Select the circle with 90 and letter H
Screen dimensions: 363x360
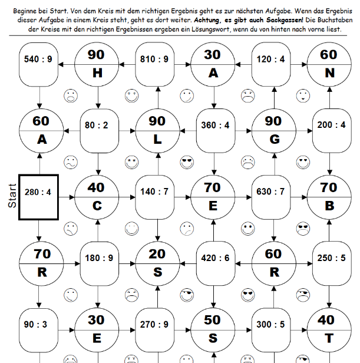coord(97,64)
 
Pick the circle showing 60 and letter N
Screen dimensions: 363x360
coord(329,64)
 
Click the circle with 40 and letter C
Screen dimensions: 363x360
coord(97,196)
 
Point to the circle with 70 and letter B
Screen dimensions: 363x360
coord(329,196)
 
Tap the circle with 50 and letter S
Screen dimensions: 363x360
coord(213,329)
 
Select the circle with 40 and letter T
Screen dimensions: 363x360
coord(329,329)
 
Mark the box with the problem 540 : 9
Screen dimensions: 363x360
coord(39,60)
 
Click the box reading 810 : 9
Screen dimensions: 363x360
coord(155,60)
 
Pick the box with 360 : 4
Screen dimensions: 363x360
coord(213,126)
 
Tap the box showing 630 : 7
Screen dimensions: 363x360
coord(271,192)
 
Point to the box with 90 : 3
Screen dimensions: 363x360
coord(39,325)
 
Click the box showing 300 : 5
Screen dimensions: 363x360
coord(271,325)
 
